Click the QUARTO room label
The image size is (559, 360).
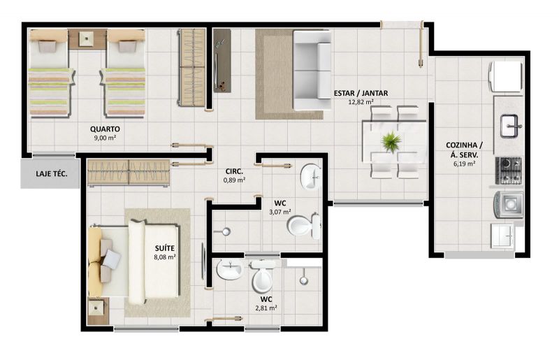tap(105, 129)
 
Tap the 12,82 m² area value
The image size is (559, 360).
tap(361, 102)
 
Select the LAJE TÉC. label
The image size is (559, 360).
tap(52, 174)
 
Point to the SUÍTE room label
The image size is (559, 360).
tap(165, 248)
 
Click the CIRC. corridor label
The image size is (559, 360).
tap(234, 172)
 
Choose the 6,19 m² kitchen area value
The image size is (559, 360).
tap(464, 164)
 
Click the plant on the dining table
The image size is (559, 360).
tap(391, 141)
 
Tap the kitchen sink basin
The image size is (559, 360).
tap(509, 126)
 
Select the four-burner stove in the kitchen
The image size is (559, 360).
tap(509, 171)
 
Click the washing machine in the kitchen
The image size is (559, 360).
tap(509, 205)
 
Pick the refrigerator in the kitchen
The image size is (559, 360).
tap(506, 77)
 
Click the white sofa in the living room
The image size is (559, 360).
tap(312, 70)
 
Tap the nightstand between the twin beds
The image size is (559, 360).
tap(87, 39)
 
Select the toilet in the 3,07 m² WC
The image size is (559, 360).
tap(304, 226)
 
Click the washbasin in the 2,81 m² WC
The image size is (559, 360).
tap(230, 269)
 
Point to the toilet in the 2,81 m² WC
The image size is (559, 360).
tap(263, 275)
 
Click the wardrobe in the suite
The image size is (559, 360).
tap(129, 173)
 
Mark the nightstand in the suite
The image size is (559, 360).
tap(97, 311)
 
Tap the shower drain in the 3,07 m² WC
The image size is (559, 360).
tap(226, 232)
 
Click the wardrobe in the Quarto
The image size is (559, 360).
tap(192, 67)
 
